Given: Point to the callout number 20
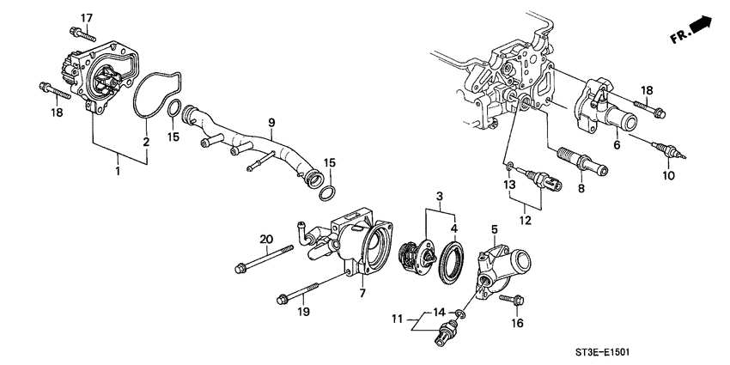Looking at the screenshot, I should (265, 239).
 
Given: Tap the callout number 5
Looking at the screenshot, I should (495, 229).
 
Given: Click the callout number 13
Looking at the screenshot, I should (508, 185).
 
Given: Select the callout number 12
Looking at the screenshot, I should (525, 220).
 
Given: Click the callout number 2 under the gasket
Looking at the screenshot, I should (146, 142).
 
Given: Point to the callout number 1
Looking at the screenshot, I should (118, 172).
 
